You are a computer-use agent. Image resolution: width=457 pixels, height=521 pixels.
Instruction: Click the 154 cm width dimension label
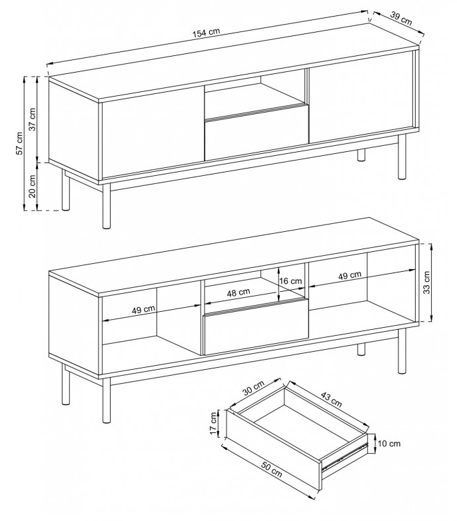tap(206, 32)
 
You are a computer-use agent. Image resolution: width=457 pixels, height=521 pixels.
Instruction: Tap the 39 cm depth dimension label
tap(401, 19)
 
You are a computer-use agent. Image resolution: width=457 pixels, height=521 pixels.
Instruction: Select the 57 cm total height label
tap(19, 143)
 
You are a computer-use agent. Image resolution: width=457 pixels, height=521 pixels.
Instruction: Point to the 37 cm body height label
tap(32, 119)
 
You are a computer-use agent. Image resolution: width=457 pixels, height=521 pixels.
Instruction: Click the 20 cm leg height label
tap(32, 186)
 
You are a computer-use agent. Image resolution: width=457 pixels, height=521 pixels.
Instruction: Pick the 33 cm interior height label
tap(427, 282)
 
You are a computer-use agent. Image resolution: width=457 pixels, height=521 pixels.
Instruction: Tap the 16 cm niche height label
tap(290, 281)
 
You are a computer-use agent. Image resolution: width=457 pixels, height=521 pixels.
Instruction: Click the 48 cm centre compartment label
tap(238, 292)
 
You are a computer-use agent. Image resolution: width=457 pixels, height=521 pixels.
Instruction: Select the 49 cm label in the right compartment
tap(350, 275)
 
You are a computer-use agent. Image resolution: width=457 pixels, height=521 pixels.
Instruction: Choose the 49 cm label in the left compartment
tap(143, 310)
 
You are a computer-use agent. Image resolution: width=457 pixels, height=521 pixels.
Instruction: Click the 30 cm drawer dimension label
tap(253, 388)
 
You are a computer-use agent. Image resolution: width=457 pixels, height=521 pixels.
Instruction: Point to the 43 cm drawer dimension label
tap(331, 399)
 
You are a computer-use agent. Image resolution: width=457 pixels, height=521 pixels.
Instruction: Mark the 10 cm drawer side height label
tap(389, 444)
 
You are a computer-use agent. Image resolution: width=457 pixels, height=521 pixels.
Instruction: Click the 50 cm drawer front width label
tap(271, 470)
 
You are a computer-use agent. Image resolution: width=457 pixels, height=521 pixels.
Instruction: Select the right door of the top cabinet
tap(360, 97)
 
